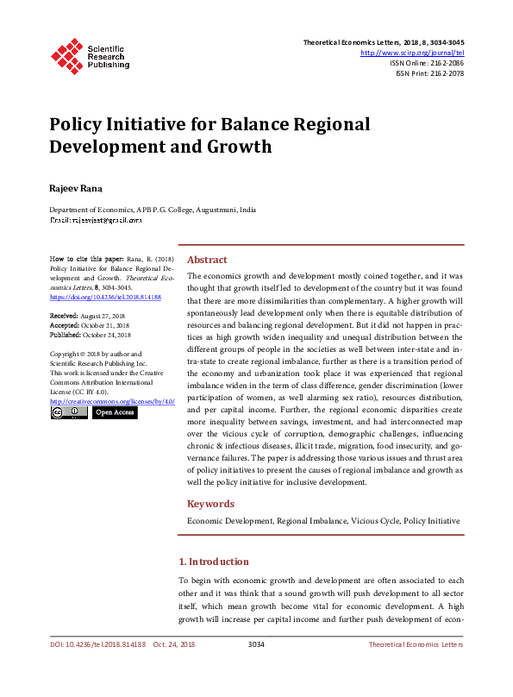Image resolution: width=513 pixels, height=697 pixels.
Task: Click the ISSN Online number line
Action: [426, 63]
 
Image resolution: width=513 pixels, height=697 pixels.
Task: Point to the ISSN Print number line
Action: [429, 73]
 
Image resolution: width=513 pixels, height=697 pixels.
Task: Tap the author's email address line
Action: [95, 221]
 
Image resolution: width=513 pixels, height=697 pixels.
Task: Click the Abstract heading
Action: [207, 260]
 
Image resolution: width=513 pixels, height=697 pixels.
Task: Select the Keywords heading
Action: [210, 504]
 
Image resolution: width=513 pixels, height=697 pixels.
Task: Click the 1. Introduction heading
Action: [213, 562]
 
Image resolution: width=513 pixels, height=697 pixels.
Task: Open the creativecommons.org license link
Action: [112, 402]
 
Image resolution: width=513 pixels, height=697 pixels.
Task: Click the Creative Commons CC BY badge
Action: [69, 413]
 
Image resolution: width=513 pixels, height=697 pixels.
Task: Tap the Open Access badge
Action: [114, 413]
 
